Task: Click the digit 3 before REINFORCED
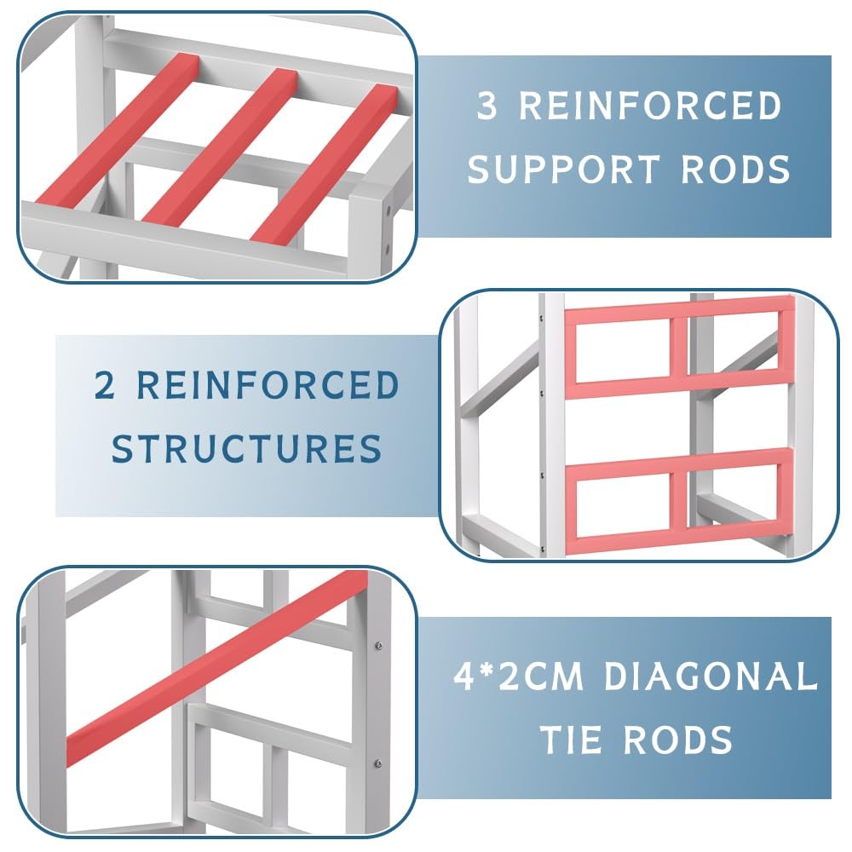tap(486, 106)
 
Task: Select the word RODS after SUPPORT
tap(735, 169)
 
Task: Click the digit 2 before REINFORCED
tap(104, 385)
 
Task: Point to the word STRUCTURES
tap(247, 448)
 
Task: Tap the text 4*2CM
tap(518, 676)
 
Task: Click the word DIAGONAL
tap(711, 676)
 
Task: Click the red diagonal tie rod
tap(217, 668)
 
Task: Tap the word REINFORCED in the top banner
tap(650, 106)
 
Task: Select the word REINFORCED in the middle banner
tap(268, 385)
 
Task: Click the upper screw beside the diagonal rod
tap(379, 646)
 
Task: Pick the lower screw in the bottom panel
tap(379, 764)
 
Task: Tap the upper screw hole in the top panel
tap(388, 209)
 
